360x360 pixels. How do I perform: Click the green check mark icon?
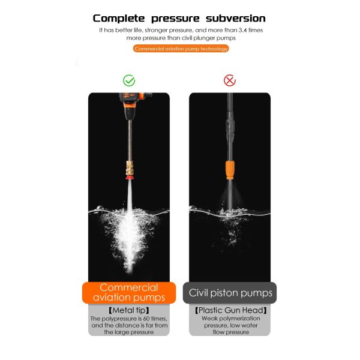coord(129,80)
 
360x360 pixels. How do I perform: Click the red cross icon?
coord(229,80)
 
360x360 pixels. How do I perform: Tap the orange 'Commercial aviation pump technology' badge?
coord(181,49)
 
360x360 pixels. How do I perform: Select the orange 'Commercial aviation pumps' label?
coord(129,293)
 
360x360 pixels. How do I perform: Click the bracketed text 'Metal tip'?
coord(129,310)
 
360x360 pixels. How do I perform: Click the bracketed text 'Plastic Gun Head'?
coord(230,310)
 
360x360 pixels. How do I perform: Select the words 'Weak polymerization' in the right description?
coord(230,319)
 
